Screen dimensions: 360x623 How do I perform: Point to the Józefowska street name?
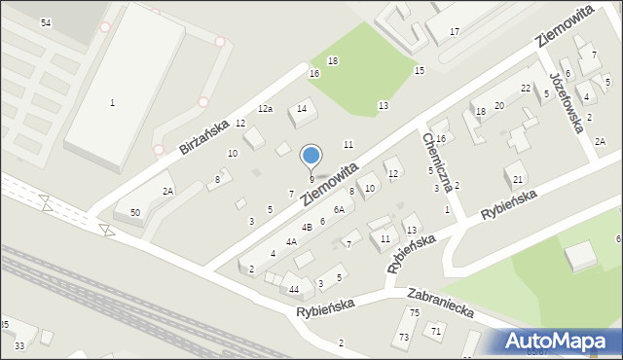click(x=568, y=102)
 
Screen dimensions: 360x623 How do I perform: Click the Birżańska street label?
click(x=203, y=137)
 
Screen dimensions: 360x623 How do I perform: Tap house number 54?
click(x=46, y=22)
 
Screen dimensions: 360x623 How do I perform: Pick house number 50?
click(x=134, y=212)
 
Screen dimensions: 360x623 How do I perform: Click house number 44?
click(x=294, y=290)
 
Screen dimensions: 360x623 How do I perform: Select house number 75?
click(x=414, y=312)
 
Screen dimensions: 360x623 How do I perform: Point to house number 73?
click(x=403, y=337)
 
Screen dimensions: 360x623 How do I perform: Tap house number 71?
click(x=436, y=332)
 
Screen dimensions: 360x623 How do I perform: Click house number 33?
click(x=19, y=345)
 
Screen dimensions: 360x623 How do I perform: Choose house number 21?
click(x=518, y=180)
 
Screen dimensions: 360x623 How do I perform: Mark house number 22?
click(x=526, y=89)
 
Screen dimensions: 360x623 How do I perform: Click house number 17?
click(x=455, y=32)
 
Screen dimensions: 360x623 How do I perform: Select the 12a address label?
click(x=265, y=108)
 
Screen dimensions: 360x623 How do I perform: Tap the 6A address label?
click(x=339, y=209)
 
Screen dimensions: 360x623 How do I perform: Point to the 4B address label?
click(x=306, y=227)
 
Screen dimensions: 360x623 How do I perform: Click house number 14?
click(x=302, y=108)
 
